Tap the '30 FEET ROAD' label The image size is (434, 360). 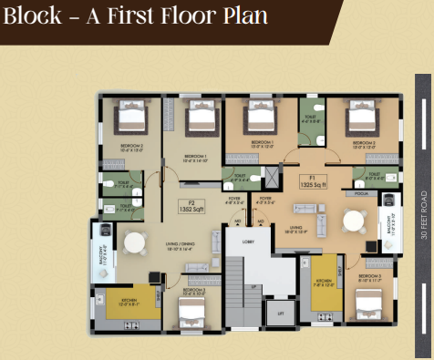tap(423, 214)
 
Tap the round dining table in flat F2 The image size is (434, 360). tap(135, 243)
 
